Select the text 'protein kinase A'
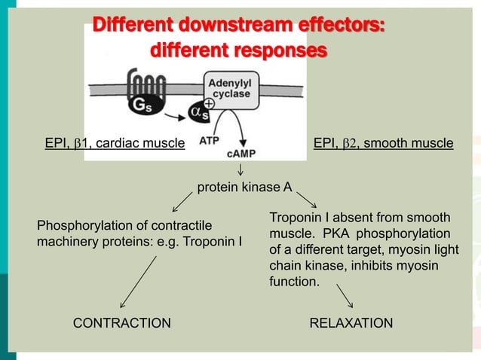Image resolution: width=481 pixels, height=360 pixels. [244, 187]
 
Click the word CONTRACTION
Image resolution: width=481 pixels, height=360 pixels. [121, 323]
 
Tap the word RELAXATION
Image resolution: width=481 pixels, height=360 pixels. [351, 323]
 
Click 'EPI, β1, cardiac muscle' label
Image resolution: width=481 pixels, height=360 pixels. [115, 143]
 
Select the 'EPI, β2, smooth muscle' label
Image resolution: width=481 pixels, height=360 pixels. [383, 143]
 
